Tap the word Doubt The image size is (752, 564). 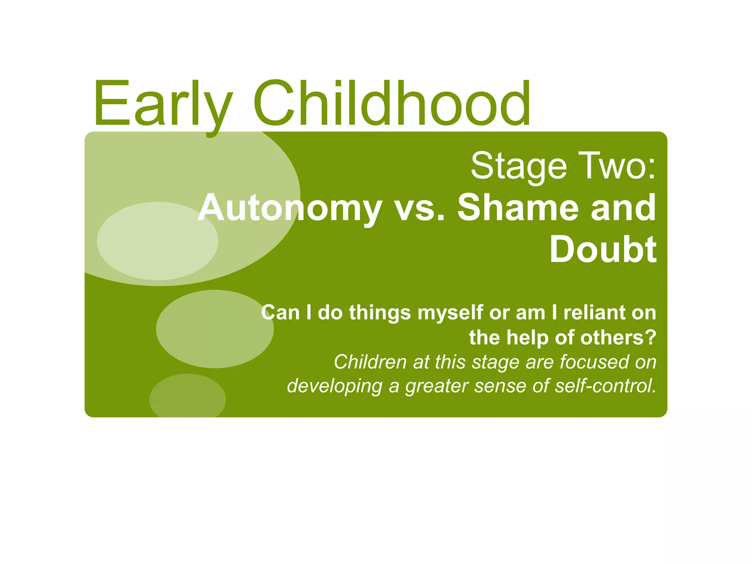[603, 250]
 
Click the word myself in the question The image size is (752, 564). [450, 313]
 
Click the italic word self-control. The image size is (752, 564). [605, 386]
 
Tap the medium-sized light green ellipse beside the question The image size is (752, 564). [215, 329]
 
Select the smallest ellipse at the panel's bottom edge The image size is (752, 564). [188, 397]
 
